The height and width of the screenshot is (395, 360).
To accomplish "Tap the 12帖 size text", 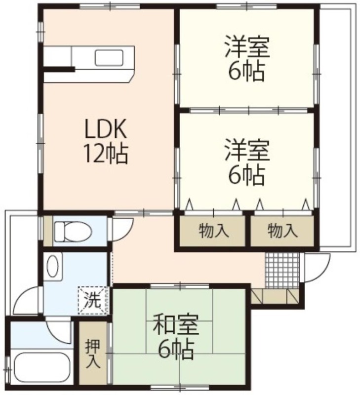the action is pyautogui.click(x=106, y=154).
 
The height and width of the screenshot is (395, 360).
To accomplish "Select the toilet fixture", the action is pyautogui.click(x=72, y=231).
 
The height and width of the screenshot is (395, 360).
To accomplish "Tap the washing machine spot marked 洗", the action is pyautogui.click(x=93, y=301).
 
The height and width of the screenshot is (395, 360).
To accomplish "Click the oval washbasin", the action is pyautogui.click(x=53, y=267).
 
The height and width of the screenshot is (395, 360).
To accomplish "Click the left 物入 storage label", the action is pyautogui.click(x=214, y=231).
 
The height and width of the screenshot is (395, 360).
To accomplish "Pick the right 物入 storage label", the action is pyautogui.click(x=282, y=231).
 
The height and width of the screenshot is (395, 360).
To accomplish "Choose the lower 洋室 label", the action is pyautogui.click(x=247, y=151).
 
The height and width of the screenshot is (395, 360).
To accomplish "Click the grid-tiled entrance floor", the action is pyautogui.click(x=282, y=270).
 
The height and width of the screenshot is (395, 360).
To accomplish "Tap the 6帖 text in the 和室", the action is pyautogui.click(x=176, y=350).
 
